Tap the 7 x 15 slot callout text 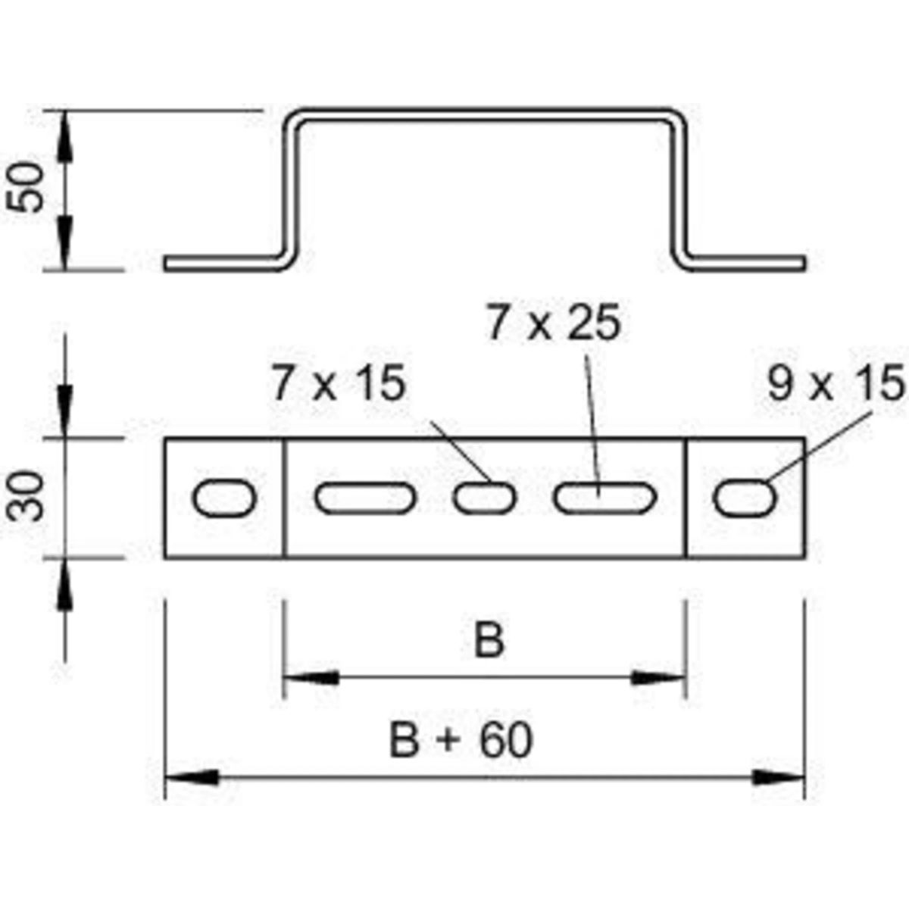[x=339, y=385]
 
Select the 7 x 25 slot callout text [x=554, y=323]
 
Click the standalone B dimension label [x=489, y=642]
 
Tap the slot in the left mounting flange [x=225, y=498]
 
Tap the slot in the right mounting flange [x=745, y=498]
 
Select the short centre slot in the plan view [x=485, y=498]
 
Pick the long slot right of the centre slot [x=605, y=498]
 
